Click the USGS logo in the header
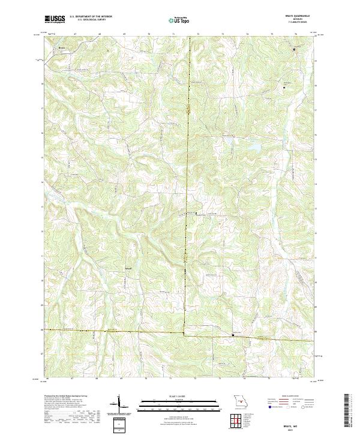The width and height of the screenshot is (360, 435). coord(55,19)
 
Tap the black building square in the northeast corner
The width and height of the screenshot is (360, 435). coord(294,49)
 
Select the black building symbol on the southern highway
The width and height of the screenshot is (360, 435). coord(233,335)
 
